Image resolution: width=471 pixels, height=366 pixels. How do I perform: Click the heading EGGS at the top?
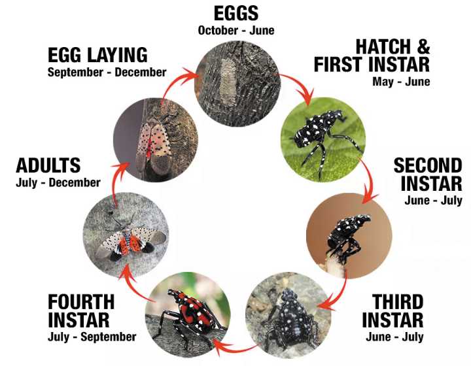(x=236, y=14)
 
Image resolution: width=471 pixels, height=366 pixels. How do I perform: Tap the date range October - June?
(x=236, y=31)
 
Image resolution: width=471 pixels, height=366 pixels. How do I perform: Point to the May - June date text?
(x=401, y=82)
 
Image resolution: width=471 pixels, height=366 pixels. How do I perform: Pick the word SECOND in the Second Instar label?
(x=428, y=165)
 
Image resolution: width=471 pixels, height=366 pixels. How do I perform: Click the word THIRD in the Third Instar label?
(x=398, y=301)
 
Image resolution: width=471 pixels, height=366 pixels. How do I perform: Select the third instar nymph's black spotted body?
(x=290, y=318)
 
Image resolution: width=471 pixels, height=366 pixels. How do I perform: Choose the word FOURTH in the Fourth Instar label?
(x=81, y=301)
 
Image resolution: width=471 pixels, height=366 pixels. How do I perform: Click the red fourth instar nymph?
(x=189, y=315)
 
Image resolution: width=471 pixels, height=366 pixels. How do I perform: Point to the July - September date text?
(x=92, y=337)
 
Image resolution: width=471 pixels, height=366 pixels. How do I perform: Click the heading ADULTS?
(x=48, y=165)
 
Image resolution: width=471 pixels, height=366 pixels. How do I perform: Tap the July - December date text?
(x=58, y=183)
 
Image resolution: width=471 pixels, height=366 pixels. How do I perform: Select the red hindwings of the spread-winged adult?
(x=129, y=244)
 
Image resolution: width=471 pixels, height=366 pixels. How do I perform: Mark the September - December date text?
(x=107, y=73)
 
